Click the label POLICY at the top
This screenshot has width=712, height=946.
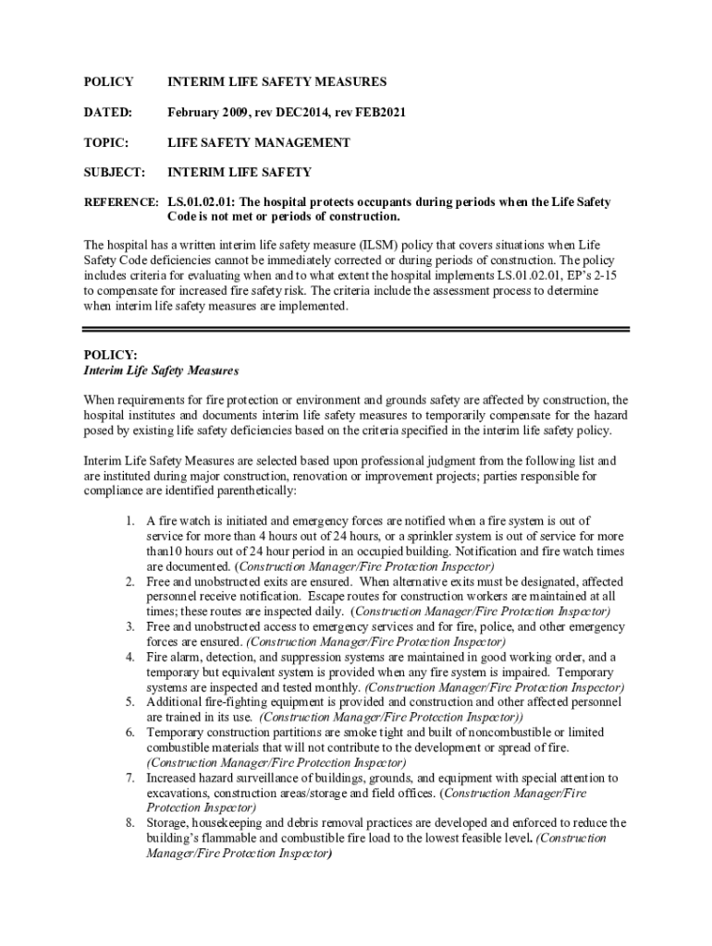[108, 82]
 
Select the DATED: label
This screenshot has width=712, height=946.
[108, 113]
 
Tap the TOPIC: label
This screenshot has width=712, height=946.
[105, 142]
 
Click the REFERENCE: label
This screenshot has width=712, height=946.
[121, 201]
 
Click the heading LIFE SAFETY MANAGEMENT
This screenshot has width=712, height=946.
[258, 142]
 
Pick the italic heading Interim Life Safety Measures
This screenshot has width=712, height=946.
[161, 370]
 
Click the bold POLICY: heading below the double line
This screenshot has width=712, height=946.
[110, 355]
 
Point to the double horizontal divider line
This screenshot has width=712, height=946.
[356, 328]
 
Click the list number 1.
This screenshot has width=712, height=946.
[131, 522]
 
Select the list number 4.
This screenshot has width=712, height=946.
[131, 657]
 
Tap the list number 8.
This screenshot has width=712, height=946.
[131, 822]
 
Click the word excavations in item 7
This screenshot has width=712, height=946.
[179, 793]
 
